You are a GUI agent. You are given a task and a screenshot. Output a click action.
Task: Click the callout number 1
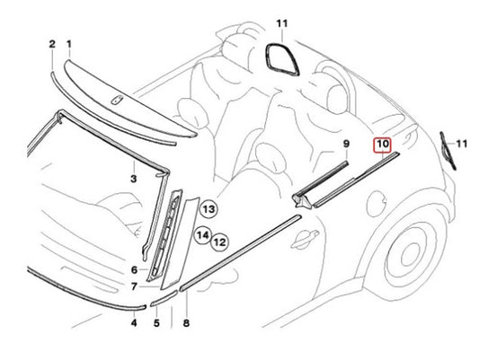click(x=69, y=45)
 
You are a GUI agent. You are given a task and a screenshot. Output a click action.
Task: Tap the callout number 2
click(x=52, y=44)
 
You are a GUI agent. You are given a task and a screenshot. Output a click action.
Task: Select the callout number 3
click(x=134, y=179)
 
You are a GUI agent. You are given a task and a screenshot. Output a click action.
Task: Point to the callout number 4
click(x=134, y=323)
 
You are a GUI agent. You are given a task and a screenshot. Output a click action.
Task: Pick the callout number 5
click(x=156, y=323)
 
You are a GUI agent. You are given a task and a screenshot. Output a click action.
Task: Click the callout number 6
click(x=134, y=270)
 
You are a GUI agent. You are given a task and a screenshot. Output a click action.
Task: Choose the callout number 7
click(x=134, y=286)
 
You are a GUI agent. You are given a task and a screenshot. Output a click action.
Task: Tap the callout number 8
click(x=186, y=323)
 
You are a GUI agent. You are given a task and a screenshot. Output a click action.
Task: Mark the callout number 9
click(x=346, y=144)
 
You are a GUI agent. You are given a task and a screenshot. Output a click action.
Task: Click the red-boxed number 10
click(x=383, y=144)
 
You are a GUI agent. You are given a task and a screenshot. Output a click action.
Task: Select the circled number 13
click(x=208, y=209)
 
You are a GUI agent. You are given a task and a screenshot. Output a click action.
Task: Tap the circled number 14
click(x=203, y=235)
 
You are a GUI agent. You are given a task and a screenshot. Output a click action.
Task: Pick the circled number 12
click(x=220, y=242)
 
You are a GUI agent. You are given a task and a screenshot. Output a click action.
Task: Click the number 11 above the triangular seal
click(x=282, y=23)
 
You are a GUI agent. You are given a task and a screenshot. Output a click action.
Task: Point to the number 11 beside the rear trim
click(x=462, y=144)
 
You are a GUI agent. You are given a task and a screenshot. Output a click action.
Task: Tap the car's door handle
click(x=304, y=238)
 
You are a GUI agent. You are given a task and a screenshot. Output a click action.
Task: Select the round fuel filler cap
click(x=377, y=204)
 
